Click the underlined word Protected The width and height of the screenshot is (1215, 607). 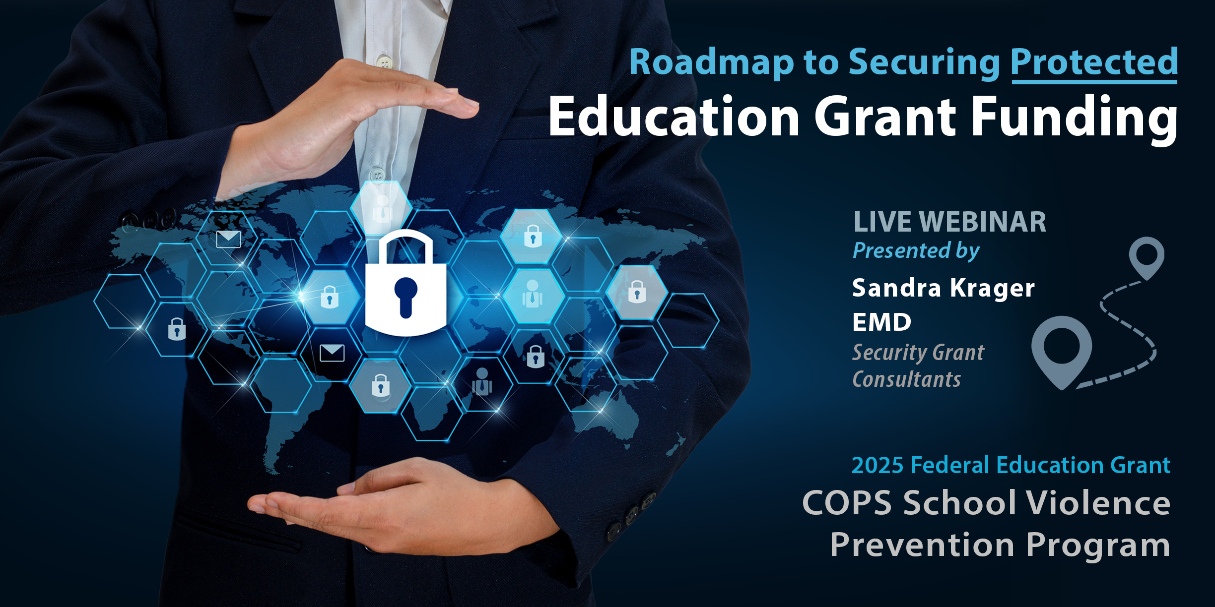1094,63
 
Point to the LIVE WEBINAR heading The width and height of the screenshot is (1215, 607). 949,222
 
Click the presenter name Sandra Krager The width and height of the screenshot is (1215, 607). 944,289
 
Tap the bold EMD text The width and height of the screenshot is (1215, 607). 882,322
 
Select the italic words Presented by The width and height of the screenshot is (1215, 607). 916,251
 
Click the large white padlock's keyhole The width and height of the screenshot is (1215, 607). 405,296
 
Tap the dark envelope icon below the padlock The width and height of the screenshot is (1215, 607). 332,353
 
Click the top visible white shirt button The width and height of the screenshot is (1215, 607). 385,62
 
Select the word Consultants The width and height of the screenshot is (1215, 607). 906,379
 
